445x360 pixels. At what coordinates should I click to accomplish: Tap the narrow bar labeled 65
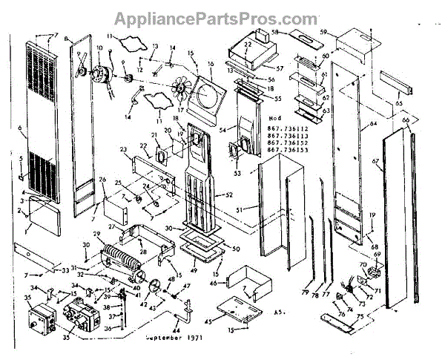pyautogui.click(x=389, y=78)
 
